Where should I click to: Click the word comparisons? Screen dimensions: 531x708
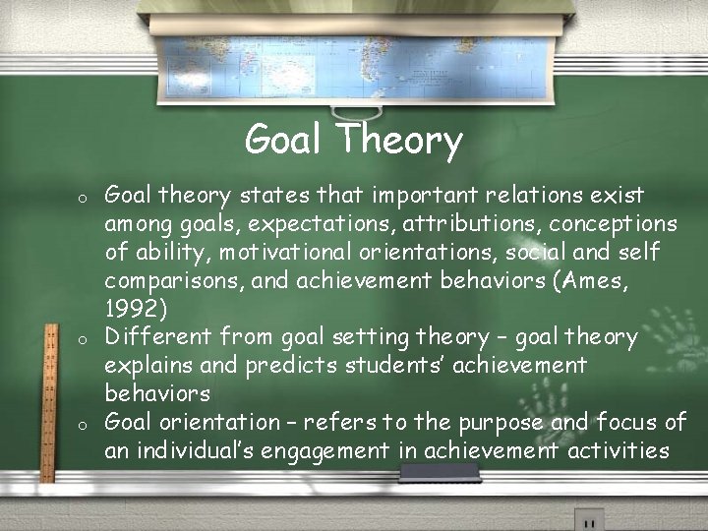[x=174, y=281]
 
